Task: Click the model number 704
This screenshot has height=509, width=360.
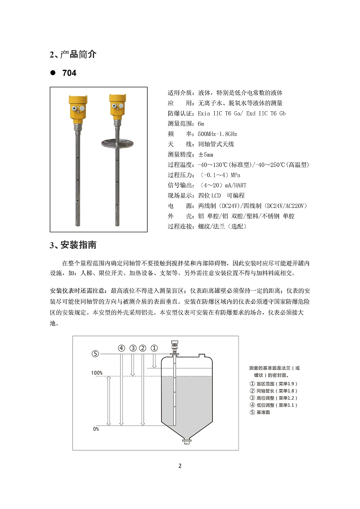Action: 69,73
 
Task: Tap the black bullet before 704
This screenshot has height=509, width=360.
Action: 53,73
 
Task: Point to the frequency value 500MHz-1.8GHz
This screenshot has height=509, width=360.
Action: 217,134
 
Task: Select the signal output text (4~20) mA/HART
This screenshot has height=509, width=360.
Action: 222,185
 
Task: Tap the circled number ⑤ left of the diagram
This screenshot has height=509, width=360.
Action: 95,354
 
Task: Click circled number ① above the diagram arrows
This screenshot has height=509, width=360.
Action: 154,348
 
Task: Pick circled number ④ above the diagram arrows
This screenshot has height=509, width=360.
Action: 121,348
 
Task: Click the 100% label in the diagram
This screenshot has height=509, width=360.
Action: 97,373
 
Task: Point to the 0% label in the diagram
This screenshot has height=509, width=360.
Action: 96,429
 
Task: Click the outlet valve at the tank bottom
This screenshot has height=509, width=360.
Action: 185,443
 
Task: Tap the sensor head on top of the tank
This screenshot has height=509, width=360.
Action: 174,346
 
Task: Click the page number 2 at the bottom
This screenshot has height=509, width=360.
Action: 180,465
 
